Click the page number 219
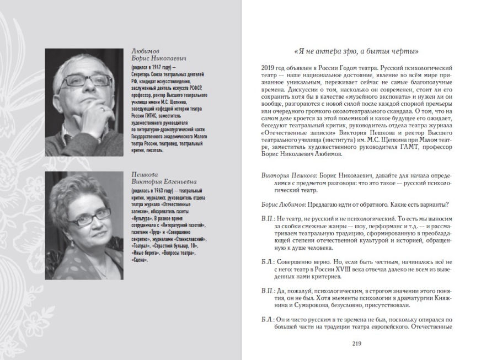click(x=356, y=345)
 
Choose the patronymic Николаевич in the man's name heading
click(x=169, y=56)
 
